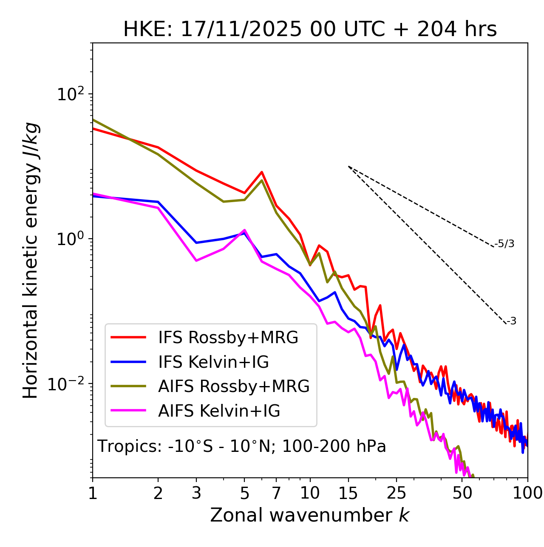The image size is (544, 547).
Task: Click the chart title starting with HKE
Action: [x=310, y=29]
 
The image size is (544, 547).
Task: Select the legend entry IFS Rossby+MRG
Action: [x=228, y=338]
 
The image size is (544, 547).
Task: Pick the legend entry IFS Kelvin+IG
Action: [x=213, y=362]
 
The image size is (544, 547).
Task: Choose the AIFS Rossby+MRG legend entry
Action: [x=234, y=386]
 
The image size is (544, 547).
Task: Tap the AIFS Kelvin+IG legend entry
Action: [x=219, y=411]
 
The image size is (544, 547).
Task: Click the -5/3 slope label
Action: [x=504, y=244]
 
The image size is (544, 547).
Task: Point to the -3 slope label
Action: [x=511, y=321]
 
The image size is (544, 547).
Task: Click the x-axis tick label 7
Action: [x=276, y=493]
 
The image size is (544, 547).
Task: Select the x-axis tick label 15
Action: [x=348, y=493]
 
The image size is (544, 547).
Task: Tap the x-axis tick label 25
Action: [x=397, y=493]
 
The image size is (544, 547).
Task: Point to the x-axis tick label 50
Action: [x=462, y=493]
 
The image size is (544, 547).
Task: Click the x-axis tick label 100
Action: [x=527, y=493]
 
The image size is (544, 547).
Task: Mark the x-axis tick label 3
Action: [x=196, y=493]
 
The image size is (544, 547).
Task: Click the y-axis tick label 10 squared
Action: [x=71, y=94]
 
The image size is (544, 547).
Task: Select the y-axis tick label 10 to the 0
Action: [x=71, y=239]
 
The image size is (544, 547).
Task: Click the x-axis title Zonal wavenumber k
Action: [x=310, y=515]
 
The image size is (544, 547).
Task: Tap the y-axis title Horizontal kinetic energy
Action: [x=31, y=260]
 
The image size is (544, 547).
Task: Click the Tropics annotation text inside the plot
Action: [x=242, y=446]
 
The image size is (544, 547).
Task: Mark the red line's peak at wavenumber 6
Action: [x=262, y=172]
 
